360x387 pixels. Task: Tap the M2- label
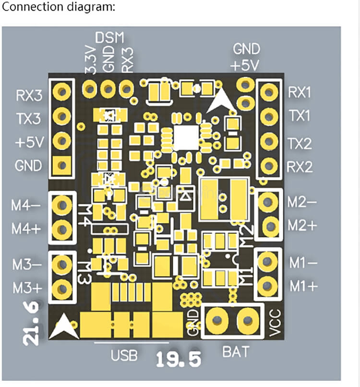tap(302, 202)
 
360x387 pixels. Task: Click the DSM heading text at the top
tap(109, 37)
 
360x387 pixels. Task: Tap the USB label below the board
tap(124, 356)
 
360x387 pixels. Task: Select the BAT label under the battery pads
tap(236, 352)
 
